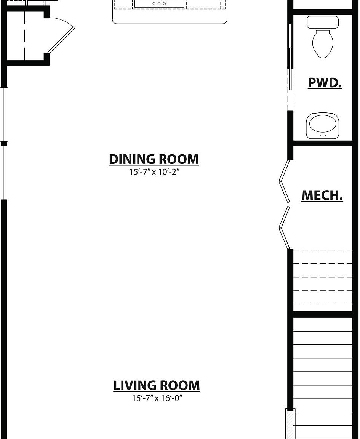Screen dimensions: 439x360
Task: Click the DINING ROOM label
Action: (154, 159)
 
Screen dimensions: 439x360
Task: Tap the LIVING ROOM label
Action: (156, 385)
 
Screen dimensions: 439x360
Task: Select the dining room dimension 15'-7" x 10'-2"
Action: (154, 172)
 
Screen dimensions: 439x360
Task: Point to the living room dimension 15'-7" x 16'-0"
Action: (156, 398)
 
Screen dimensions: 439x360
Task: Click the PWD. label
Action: (325, 83)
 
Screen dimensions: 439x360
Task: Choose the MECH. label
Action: (322, 195)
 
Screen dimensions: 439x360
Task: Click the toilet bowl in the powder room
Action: (323, 44)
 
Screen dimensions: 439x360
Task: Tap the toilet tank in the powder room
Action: (323, 22)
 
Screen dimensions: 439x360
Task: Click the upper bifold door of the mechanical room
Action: (284, 181)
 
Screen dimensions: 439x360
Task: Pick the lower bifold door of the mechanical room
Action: (284, 228)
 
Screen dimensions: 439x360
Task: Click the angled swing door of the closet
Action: (61, 40)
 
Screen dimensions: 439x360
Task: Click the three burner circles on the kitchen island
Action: (159, 4)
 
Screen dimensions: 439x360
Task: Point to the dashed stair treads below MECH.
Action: (323, 277)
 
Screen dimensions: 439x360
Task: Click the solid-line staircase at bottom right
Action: (323, 377)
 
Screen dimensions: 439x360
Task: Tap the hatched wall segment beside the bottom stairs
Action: (290, 423)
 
